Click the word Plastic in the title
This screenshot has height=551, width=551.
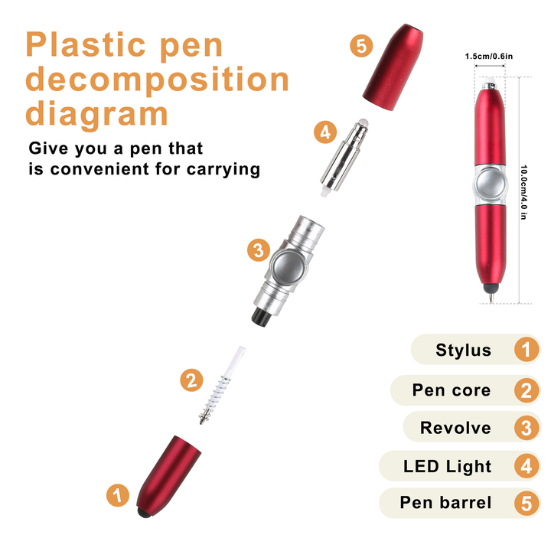[86, 44]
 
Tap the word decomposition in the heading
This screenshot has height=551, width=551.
[157, 80]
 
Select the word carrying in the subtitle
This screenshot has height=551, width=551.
[223, 170]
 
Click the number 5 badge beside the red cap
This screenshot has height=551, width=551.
[361, 46]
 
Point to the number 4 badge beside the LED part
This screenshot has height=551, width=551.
[325, 132]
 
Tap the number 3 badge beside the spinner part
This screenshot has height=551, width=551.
[259, 250]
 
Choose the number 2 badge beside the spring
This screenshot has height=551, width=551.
[191, 380]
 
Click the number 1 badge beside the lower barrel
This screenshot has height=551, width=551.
[118, 495]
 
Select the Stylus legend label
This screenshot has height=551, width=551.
[463, 350]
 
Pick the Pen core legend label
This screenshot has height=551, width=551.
[452, 390]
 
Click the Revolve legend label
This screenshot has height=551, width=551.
[455, 428]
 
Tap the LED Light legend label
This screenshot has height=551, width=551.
[447, 467]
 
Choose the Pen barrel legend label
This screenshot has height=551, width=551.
[445, 503]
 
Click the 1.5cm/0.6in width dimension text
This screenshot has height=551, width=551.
[489, 56]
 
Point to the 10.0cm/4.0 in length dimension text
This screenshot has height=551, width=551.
[523, 192]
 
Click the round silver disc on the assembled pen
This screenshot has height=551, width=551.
[491, 185]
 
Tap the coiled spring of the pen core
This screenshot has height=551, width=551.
[213, 398]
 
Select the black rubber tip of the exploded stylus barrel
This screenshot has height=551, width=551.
[144, 513]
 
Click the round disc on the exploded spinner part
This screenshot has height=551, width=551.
[289, 266]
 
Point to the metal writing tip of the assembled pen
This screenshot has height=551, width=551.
[491, 298]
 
